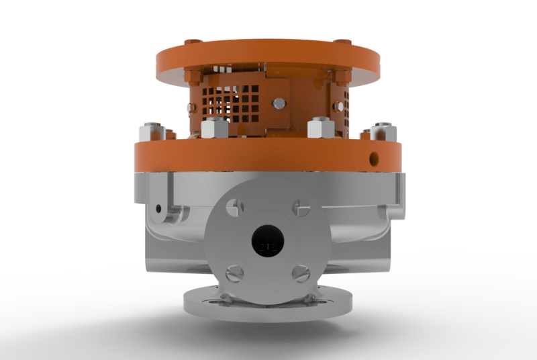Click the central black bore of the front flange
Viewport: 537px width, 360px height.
click(268, 242)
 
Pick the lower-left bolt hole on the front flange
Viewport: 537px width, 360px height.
click(234, 273)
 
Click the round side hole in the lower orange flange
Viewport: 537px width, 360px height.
click(373, 158)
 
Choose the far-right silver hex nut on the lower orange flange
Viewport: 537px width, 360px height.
click(383, 130)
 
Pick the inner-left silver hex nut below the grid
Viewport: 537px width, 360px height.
click(212, 127)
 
